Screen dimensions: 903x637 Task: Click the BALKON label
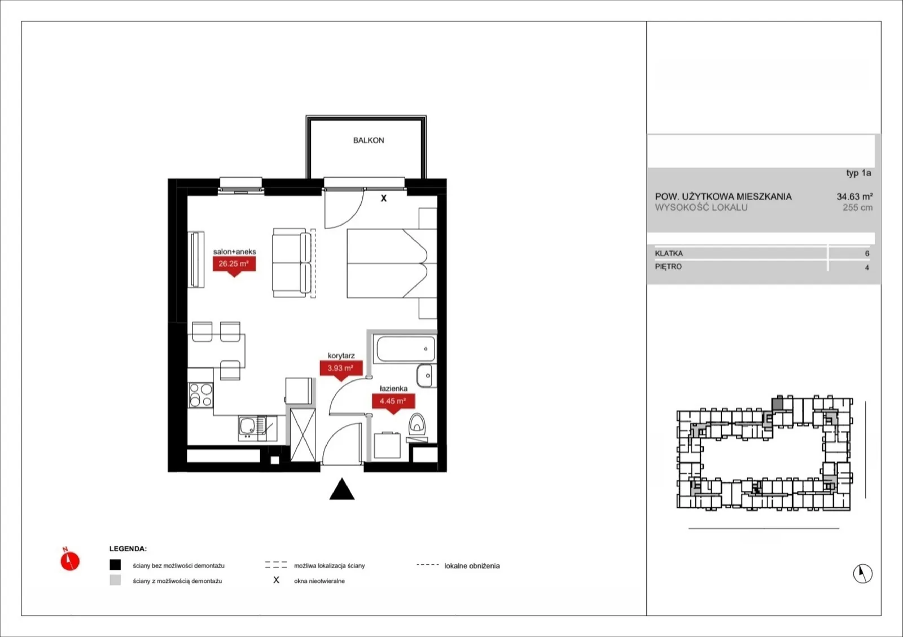tap(369, 140)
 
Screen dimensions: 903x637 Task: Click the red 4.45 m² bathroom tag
tap(393, 402)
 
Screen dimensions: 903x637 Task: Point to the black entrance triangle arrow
tap(342, 489)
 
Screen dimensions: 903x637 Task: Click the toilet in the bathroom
tap(417, 424)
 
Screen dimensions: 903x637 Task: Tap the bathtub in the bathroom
tap(406, 349)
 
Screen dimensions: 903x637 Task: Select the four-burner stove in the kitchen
tap(201, 395)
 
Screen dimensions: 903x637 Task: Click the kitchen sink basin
tap(247, 425)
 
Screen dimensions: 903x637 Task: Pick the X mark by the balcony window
tap(384, 198)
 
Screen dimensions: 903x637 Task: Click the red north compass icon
tap(70, 560)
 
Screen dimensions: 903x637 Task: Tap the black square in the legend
tap(115, 565)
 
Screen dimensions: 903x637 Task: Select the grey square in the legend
tap(115, 580)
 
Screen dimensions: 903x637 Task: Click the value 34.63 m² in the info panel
tap(854, 196)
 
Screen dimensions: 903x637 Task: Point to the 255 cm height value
tap(857, 208)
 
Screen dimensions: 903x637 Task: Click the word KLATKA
tap(669, 253)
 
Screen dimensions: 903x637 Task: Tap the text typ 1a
tap(858, 173)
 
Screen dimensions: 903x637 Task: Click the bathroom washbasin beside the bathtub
tap(426, 376)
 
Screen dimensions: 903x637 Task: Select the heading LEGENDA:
tap(128, 549)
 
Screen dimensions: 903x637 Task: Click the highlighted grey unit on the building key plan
tap(778, 403)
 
